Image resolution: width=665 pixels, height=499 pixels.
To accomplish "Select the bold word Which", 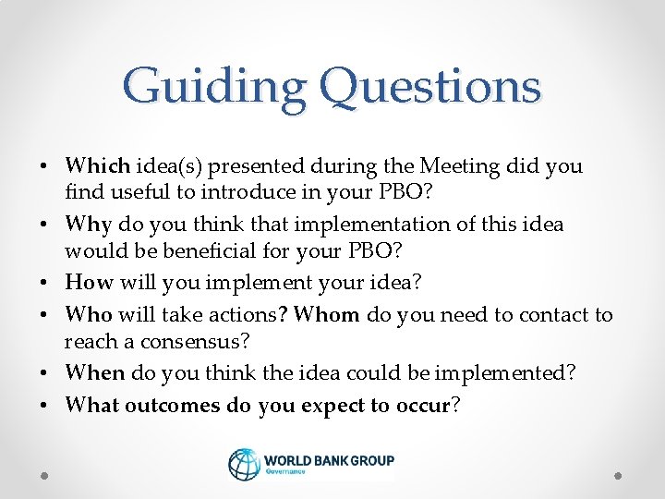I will click(x=98, y=166).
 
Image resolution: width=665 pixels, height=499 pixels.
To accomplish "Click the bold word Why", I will click(x=89, y=225).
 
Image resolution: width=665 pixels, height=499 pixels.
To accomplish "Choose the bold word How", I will click(x=89, y=283).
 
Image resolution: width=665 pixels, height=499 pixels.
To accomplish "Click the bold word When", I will click(x=95, y=373).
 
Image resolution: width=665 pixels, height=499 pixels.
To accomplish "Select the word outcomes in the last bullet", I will click(x=173, y=405).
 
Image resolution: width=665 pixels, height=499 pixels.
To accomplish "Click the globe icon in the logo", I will click(x=245, y=464).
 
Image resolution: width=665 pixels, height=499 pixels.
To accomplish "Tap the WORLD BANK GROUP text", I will click(x=329, y=460).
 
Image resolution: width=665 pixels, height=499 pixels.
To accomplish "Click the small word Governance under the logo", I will click(x=286, y=471).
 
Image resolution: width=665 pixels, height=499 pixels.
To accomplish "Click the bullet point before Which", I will click(x=44, y=167).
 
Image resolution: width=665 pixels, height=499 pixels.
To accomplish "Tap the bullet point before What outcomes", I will click(x=44, y=406).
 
